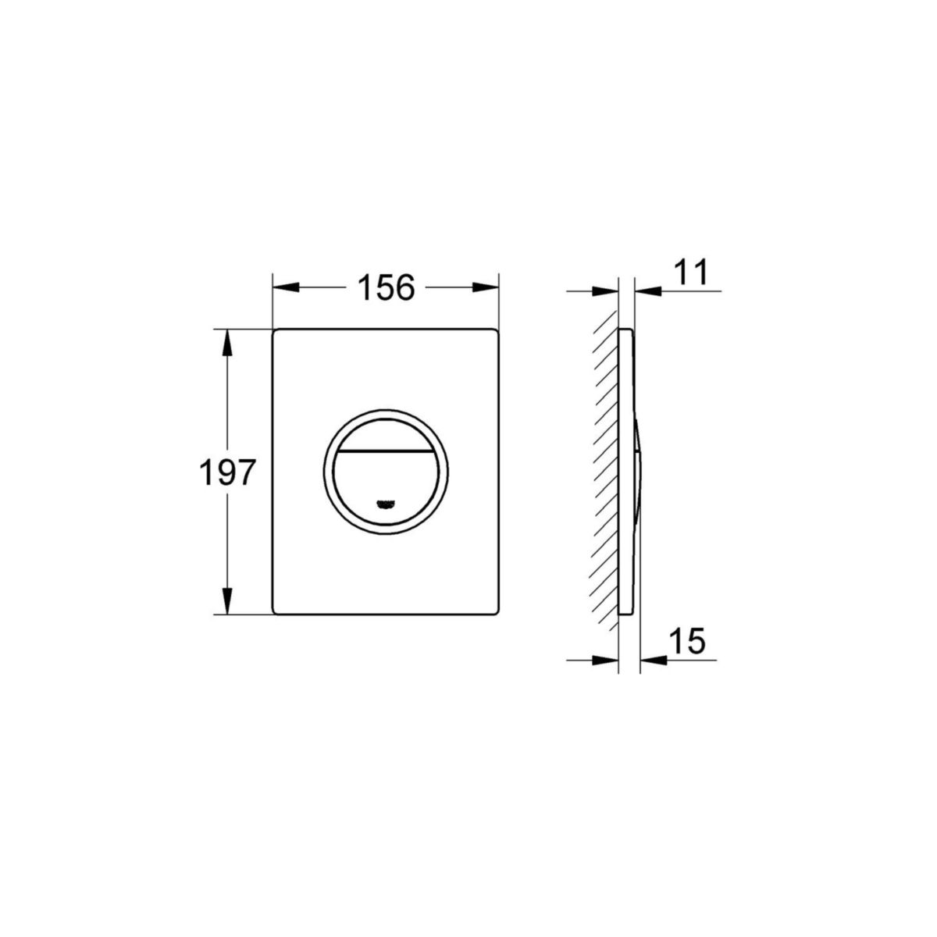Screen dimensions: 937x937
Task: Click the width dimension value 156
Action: click(x=385, y=288)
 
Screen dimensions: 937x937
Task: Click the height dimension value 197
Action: click(x=227, y=473)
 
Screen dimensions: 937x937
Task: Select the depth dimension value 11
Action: click(x=689, y=273)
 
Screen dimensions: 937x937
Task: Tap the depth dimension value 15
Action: click(x=686, y=641)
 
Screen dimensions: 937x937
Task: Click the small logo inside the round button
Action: click(x=385, y=504)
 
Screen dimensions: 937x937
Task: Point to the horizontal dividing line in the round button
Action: click(x=385, y=452)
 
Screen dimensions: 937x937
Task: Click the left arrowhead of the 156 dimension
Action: click(x=286, y=288)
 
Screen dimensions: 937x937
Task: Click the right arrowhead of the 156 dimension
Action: click(x=486, y=288)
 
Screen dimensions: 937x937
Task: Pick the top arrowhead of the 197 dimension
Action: click(x=227, y=342)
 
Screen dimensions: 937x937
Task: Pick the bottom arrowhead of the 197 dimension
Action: click(x=227, y=601)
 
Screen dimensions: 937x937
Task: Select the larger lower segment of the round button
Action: click(x=385, y=484)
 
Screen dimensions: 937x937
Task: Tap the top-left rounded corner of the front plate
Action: click(x=277, y=333)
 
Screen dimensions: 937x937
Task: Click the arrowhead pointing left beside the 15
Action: click(x=652, y=661)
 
